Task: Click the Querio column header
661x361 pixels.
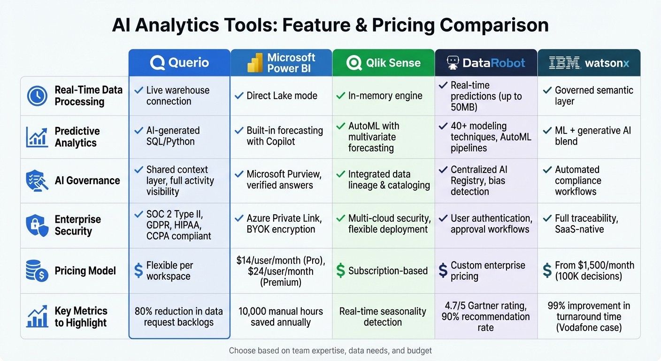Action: (x=179, y=63)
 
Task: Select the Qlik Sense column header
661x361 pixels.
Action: (x=383, y=63)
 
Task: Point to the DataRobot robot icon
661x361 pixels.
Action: (x=453, y=63)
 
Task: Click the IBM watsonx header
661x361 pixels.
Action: (x=589, y=63)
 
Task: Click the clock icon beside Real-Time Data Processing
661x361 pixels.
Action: (x=37, y=96)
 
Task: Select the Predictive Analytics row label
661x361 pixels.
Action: (x=77, y=137)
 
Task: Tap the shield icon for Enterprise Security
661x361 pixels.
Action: (x=37, y=225)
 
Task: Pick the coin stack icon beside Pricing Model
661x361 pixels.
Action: (x=37, y=271)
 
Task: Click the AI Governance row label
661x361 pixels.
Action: (x=87, y=180)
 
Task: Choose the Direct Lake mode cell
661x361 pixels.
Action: (x=282, y=96)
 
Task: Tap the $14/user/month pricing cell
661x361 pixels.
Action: (x=281, y=271)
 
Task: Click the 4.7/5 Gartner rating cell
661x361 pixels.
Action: (x=485, y=316)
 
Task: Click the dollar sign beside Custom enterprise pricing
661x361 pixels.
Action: (x=443, y=270)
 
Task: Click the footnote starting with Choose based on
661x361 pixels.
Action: (x=330, y=351)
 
